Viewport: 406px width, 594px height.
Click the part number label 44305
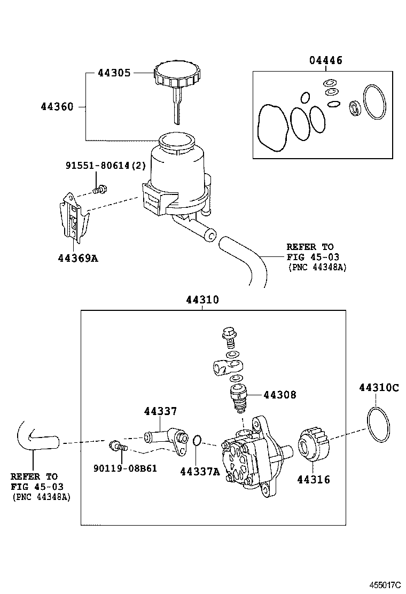[114, 73]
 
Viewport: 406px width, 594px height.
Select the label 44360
[57, 106]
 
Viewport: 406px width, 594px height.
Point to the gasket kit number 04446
[326, 60]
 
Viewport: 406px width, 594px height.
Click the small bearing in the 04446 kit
[355, 107]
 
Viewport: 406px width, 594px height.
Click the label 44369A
[78, 259]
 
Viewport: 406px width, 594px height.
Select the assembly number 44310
[202, 300]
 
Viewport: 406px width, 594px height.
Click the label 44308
[280, 395]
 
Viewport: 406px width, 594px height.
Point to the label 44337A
[200, 472]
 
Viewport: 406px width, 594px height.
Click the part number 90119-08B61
[125, 468]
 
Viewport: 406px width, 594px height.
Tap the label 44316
[314, 480]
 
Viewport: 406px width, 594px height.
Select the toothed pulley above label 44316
[314, 444]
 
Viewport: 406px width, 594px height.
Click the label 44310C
[379, 388]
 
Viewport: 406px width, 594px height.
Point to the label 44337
[160, 411]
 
